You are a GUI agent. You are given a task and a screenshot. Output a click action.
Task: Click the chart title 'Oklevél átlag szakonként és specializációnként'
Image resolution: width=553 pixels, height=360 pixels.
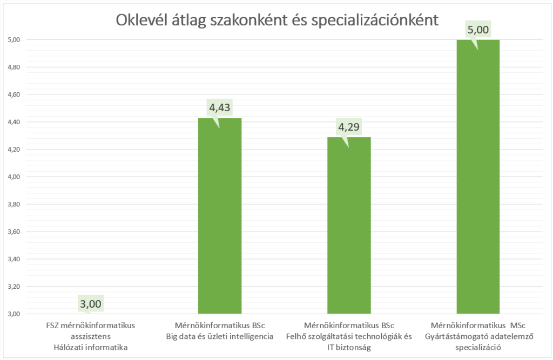point(276,20)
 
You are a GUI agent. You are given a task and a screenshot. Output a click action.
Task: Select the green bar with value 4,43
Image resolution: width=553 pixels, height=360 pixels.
point(220,216)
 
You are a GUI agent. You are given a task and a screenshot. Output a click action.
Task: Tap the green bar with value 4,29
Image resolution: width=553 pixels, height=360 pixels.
point(349,226)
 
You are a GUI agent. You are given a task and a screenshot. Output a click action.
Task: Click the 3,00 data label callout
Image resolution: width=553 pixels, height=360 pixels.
point(90,304)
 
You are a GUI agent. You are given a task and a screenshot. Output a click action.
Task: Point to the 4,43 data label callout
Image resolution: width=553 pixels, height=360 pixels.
point(220,108)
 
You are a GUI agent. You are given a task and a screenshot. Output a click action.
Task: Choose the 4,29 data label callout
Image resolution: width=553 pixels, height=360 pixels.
point(349,127)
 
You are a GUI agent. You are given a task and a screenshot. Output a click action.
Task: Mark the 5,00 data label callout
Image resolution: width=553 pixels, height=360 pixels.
point(478,29)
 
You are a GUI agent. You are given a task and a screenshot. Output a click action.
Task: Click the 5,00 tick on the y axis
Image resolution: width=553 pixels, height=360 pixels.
point(14,39)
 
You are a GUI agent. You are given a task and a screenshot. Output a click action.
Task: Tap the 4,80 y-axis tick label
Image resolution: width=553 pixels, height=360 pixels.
point(14,67)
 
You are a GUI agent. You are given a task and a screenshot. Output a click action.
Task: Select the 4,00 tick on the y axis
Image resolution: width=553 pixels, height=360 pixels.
point(14,176)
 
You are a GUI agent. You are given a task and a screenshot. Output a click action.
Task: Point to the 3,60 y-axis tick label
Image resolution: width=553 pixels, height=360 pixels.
point(14,232)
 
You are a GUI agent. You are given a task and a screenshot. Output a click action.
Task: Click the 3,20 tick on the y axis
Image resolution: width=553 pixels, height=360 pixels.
point(14,287)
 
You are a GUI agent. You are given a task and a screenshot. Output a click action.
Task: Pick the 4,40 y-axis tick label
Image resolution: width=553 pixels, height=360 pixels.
point(14,122)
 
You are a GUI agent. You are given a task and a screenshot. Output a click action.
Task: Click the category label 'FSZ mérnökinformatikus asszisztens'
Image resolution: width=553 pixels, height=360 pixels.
point(90,331)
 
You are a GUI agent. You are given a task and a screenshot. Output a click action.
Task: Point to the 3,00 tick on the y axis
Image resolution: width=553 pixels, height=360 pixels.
point(14,314)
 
